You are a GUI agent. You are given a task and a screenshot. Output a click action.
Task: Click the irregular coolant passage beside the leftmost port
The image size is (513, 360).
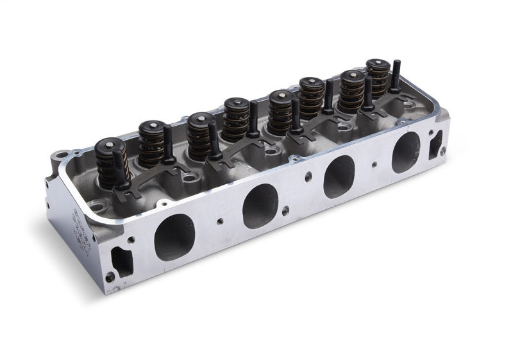click(119, 261)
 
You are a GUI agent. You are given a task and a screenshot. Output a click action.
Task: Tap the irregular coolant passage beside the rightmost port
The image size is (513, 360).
click(435, 144)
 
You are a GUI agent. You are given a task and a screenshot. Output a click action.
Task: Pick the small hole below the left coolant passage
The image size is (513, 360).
click(110, 278)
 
